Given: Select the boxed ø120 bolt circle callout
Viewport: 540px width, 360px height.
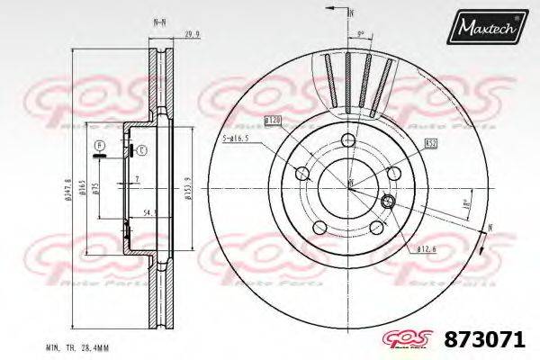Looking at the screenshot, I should coord(274,120).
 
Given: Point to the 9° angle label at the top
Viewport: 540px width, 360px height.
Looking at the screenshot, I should coord(360,34).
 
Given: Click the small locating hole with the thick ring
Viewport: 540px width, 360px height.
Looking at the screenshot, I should coord(389,201).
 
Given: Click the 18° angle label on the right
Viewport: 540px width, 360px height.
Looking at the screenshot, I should coord(464,205).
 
